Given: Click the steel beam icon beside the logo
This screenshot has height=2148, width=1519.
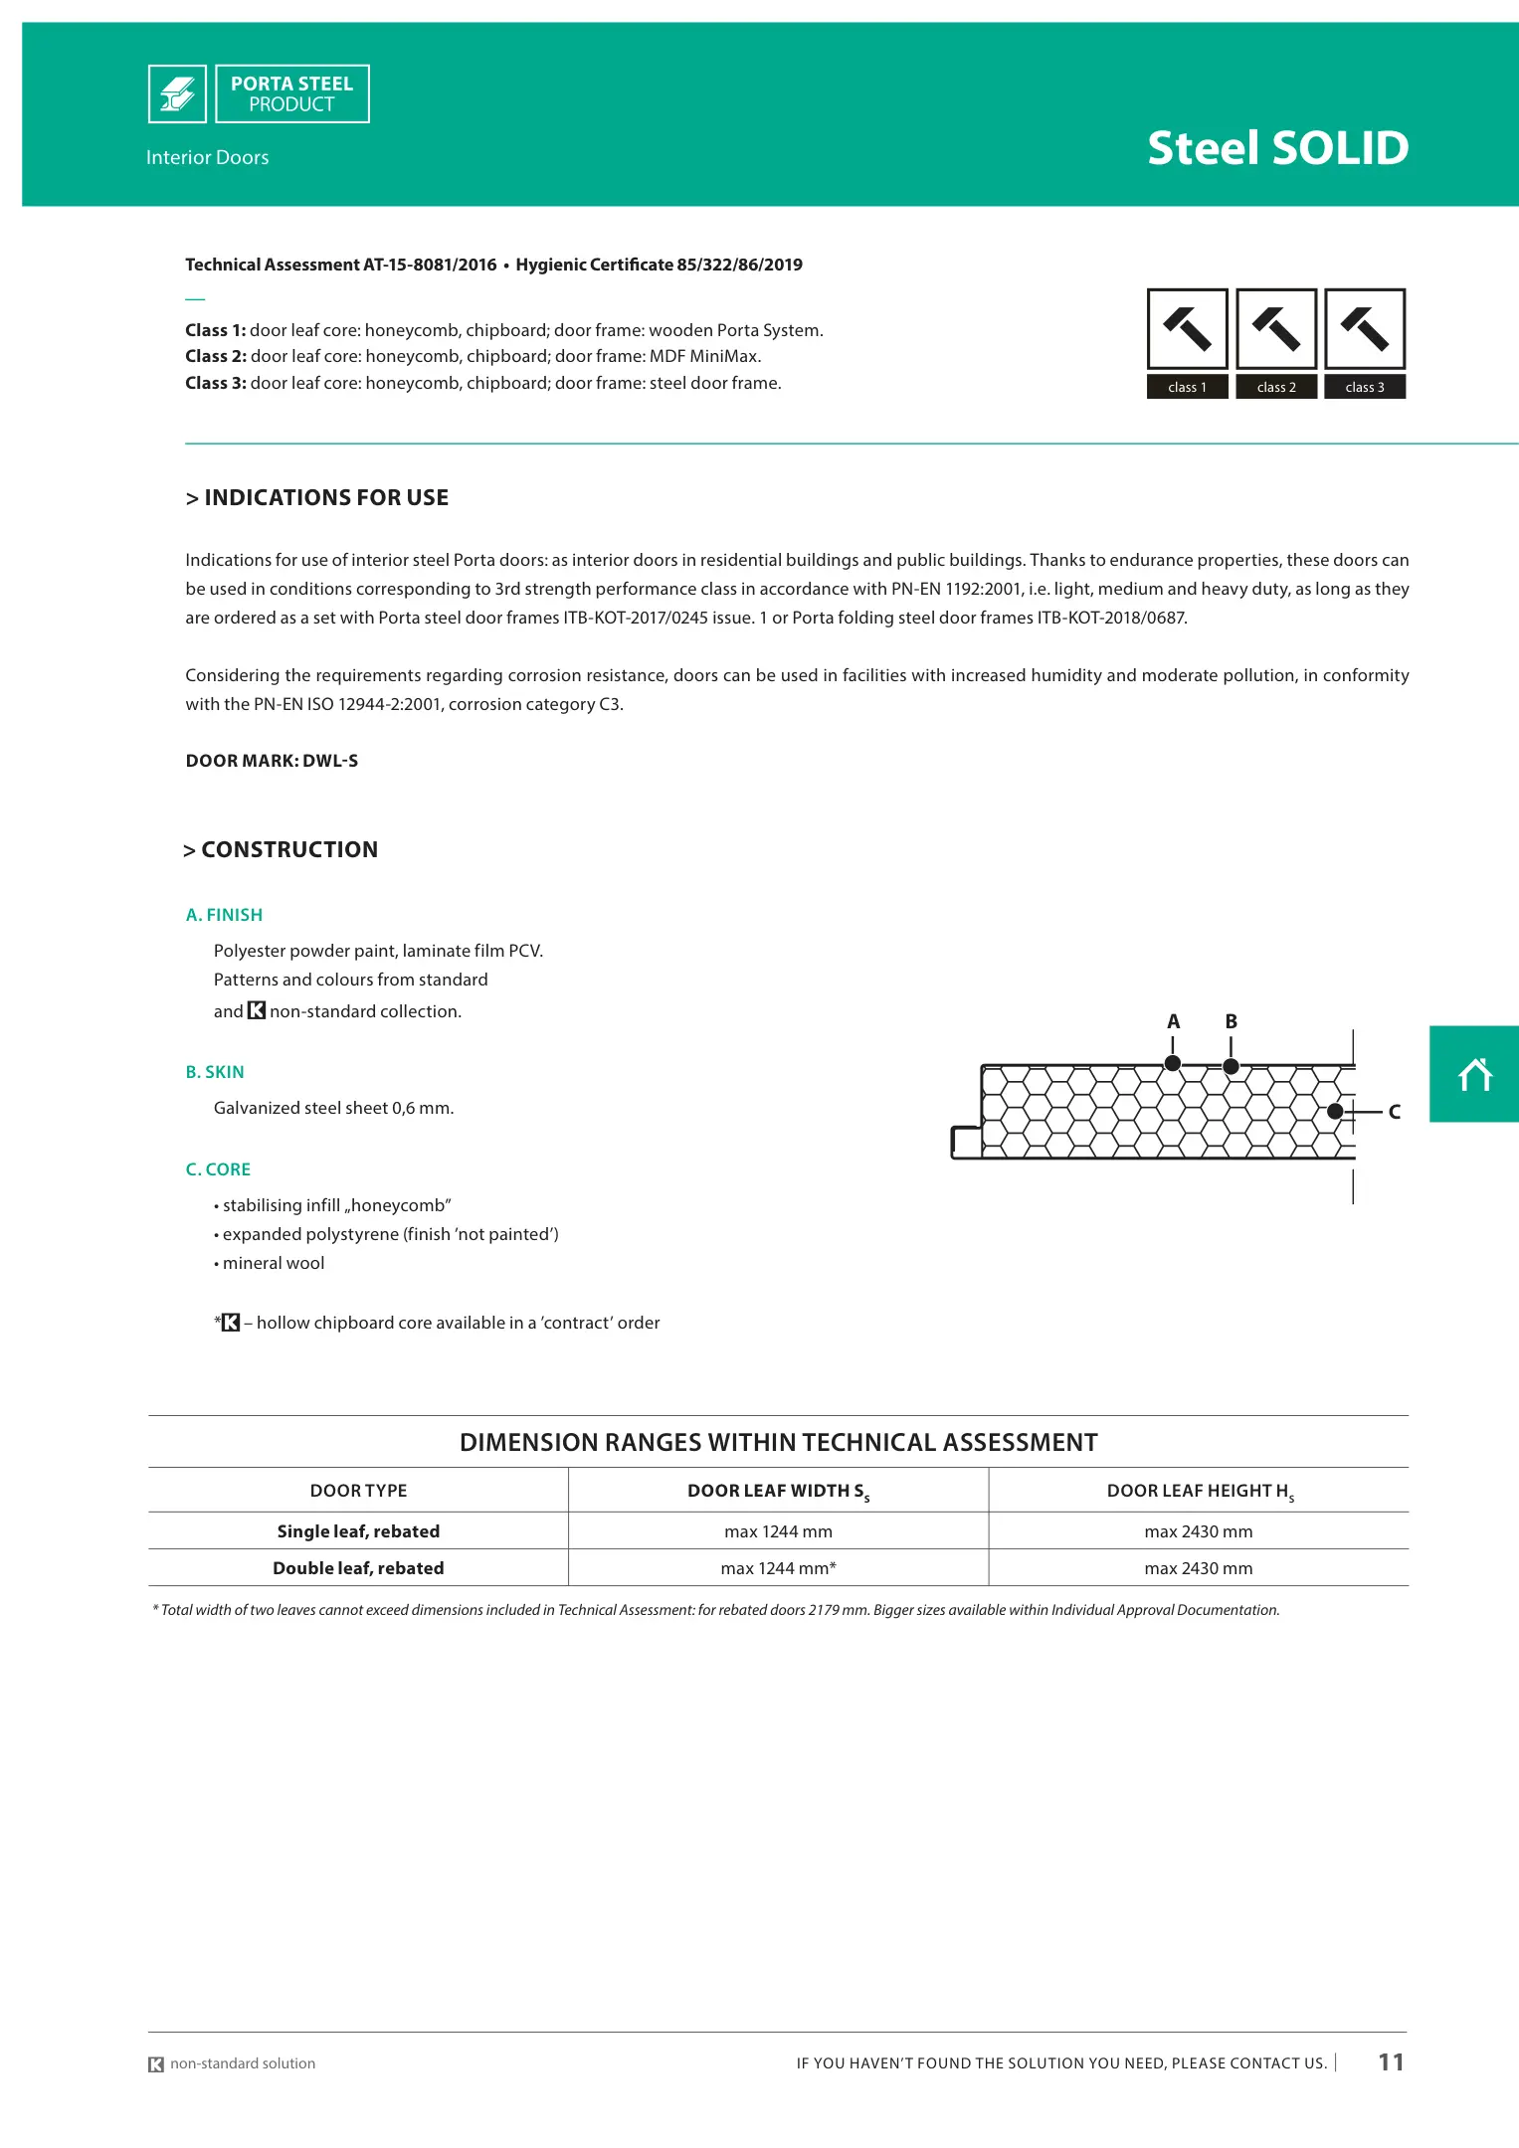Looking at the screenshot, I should (x=177, y=94).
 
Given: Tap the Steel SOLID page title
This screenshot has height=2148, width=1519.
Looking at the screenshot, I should (x=1277, y=148).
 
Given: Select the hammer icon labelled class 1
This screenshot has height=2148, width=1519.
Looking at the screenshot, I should (x=1187, y=329).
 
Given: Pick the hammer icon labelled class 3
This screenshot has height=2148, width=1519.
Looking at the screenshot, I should (x=1365, y=329).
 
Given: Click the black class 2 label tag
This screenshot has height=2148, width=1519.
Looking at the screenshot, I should (x=1276, y=387).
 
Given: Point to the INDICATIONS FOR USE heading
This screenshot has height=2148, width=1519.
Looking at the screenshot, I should (x=317, y=497).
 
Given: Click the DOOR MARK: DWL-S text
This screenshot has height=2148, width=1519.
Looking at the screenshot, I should (x=272, y=761).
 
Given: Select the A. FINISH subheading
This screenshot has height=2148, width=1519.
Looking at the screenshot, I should (x=224, y=915).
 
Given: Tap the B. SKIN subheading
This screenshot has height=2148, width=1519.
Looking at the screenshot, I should (x=215, y=1072).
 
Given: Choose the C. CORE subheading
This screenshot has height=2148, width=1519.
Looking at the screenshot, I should (x=218, y=1169).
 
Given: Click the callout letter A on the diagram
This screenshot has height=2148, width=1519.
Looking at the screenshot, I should (x=1174, y=1021).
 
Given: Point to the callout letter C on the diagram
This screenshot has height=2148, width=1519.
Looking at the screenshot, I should (x=1395, y=1112).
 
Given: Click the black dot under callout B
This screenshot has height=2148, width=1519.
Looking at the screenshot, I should (x=1231, y=1066).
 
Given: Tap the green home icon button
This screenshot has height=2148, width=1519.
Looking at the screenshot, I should (x=1474, y=1074).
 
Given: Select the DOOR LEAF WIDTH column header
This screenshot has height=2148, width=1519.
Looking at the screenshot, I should (x=778, y=1491).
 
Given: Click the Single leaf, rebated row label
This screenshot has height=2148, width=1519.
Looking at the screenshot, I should (x=358, y=1531).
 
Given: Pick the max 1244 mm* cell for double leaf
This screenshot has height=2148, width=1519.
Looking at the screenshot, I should (x=778, y=1568).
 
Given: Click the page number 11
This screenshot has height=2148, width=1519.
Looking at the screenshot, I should (x=1391, y=2062).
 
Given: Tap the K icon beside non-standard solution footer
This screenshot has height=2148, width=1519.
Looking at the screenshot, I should (x=156, y=2064).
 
